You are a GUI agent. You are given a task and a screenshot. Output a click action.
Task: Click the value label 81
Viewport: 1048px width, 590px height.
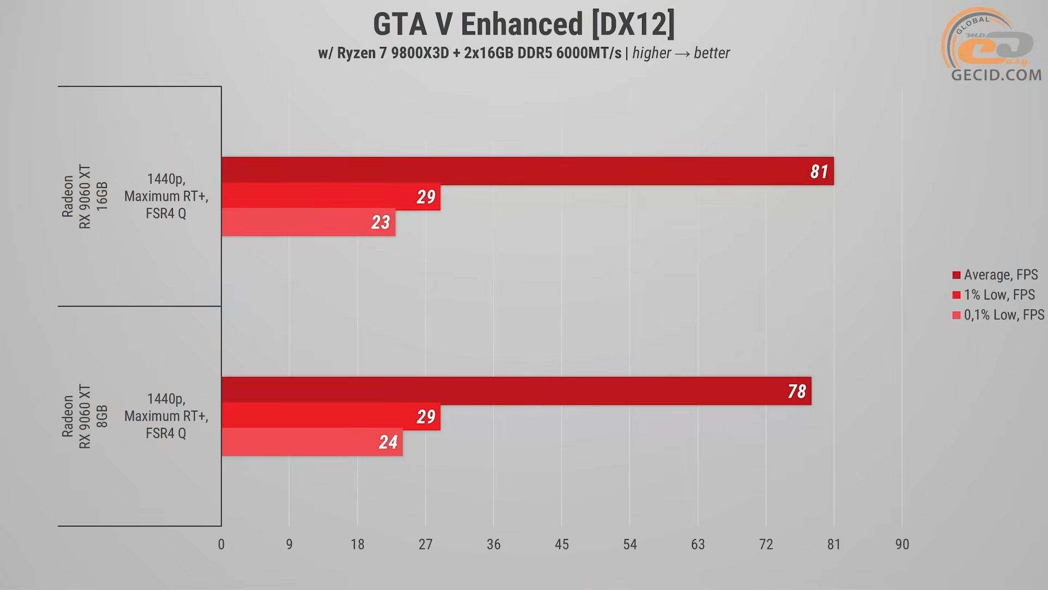(819, 172)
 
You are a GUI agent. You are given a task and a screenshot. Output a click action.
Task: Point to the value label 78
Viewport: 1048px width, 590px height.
(796, 391)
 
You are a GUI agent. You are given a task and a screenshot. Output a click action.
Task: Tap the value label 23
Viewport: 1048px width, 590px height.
(380, 222)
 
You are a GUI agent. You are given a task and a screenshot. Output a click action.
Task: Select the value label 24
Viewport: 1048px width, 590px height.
(388, 442)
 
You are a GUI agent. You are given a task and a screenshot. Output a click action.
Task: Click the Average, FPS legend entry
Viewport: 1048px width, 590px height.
(1000, 275)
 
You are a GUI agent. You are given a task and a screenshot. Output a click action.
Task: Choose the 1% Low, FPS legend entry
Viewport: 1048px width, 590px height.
(998, 295)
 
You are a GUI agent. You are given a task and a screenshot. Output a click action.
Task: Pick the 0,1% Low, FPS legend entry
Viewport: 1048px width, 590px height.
(1003, 315)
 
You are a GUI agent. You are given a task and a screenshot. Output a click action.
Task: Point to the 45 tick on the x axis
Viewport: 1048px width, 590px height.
(562, 544)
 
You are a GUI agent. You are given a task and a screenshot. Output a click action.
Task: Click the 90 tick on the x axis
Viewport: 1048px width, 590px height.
(902, 544)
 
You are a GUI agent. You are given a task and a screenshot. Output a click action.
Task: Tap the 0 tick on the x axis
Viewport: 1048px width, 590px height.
(221, 544)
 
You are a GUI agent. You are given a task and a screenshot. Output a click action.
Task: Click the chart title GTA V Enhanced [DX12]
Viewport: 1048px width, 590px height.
(523, 25)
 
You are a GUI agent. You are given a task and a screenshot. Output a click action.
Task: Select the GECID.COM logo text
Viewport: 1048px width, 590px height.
(996, 75)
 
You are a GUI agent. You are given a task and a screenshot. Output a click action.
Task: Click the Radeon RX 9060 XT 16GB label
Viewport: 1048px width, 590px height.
(85, 196)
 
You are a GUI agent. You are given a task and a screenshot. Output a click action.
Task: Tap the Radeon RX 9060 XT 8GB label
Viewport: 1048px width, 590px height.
(85, 416)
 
